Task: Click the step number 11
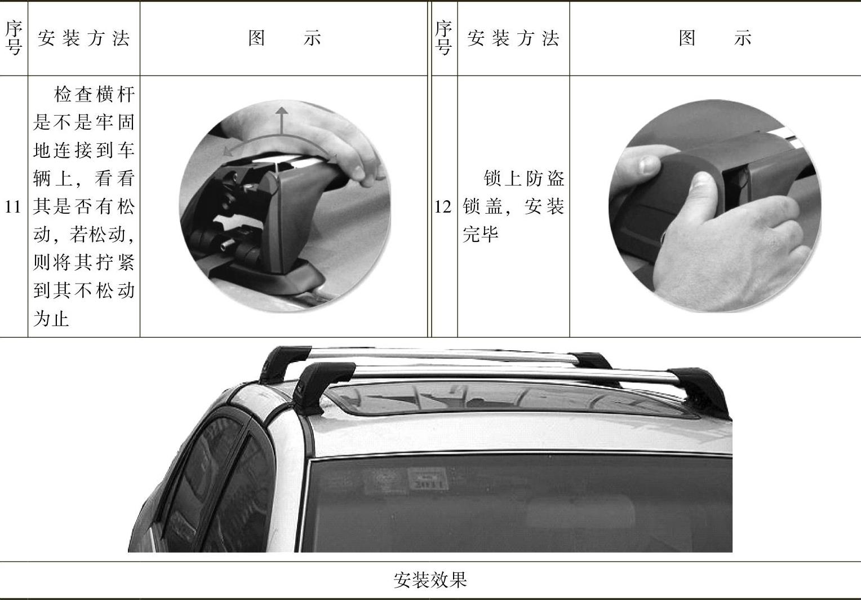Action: pyautogui.click(x=12, y=207)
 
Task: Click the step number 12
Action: pyautogui.click(x=443, y=207)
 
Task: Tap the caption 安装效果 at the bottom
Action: pyautogui.click(x=430, y=580)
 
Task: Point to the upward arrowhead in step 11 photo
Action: pyautogui.click(x=282, y=111)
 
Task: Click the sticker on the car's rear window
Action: pyautogui.click(x=428, y=479)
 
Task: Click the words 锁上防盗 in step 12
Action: pyautogui.click(x=524, y=178)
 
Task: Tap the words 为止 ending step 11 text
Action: pyautogui.click(x=51, y=319)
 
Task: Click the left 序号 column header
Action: pyautogui.click(x=14, y=38)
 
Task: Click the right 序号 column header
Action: pyautogui.click(x=444, y=38)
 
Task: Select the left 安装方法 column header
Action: pyautogui.click(x=83, y=38)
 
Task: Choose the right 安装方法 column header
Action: pyautogui.click(x=513, y=38)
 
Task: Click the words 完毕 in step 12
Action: pyautogui.click(x=481, y=234)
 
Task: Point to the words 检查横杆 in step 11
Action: pyautogui.click(x=95, y=95)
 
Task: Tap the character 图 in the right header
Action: pyautogui.click(x=687, y=38)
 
